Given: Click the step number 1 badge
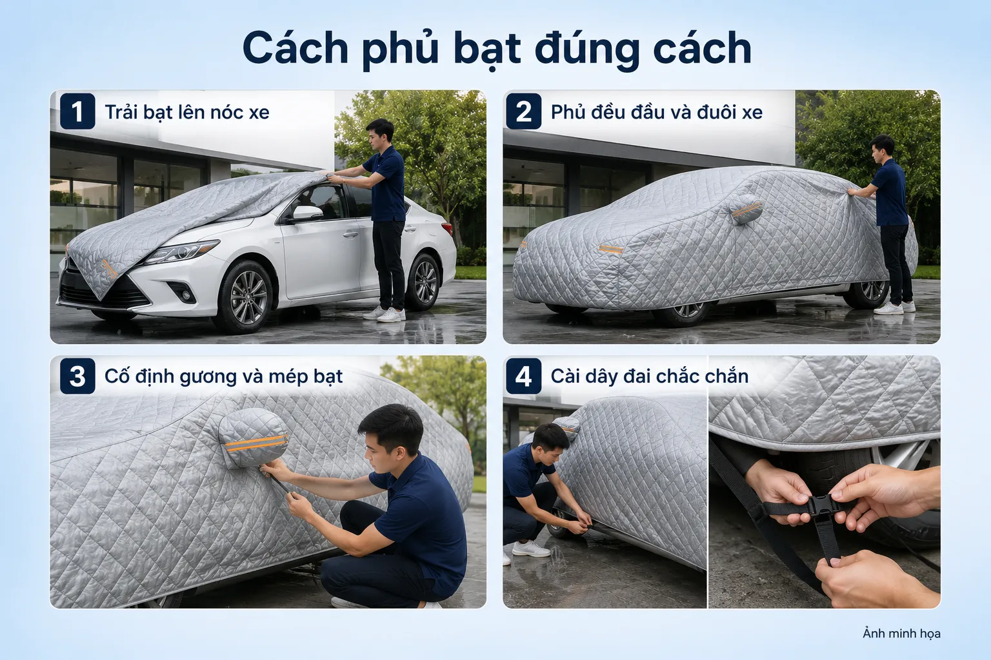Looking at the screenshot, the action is coord(77,111).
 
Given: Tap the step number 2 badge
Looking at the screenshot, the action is coord(524,111).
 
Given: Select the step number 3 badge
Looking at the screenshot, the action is coord(77,376).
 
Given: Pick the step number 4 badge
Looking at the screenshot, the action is coord(524,376).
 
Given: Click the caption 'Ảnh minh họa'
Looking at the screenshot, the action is coord(901,634).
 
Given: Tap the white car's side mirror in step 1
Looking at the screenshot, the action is coord(306,213).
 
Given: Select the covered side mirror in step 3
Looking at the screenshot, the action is coord(253,438).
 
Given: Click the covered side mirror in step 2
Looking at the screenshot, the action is coord(745,209).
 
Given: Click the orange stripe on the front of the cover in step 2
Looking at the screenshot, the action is coord(611,249).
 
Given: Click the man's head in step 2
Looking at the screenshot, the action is coord(883,148).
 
